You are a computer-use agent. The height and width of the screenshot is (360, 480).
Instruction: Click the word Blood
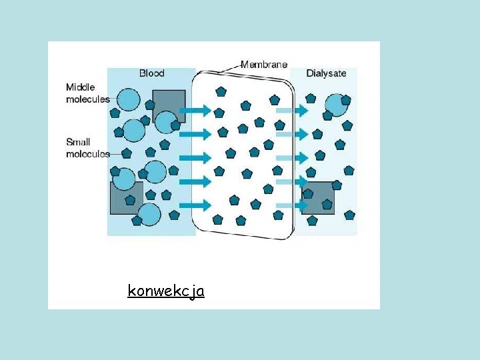tap(151, 73)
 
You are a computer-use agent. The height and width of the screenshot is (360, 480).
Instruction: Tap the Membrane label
tap(264, 65)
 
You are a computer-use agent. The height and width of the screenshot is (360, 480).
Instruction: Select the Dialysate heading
tap(326, 73)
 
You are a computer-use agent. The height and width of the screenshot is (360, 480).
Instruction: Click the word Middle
tap(81, 87)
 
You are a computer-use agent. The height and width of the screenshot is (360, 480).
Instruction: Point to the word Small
tap(78, 142)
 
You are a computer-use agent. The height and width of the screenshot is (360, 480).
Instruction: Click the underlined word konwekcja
tap(166, 291)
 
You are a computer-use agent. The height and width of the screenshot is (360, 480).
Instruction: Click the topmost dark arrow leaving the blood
tap(195, 111)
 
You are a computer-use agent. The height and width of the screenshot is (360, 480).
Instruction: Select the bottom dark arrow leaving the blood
tap(195, 205)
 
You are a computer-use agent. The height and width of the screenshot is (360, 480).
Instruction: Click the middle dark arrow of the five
tap(195, 158)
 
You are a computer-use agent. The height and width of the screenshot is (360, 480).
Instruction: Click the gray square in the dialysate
tap(318, 197)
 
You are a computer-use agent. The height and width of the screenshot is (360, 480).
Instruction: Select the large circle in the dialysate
tap(336, 104)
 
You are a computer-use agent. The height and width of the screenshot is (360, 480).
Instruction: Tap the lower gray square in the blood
tap(126, 198)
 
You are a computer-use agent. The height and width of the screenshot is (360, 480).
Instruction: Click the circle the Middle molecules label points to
tap(129, 99)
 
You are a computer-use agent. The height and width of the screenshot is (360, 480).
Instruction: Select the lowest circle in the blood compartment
tap(149, 215)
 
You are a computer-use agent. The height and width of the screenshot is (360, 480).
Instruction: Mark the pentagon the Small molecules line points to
tap(127, 153)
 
